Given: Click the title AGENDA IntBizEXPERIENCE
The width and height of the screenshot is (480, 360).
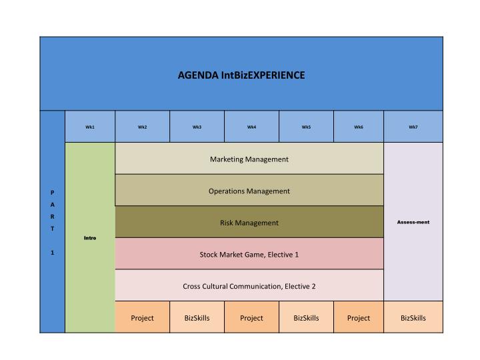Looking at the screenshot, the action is pos(241,75).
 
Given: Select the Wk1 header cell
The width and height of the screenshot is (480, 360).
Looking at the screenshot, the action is pos(90,127).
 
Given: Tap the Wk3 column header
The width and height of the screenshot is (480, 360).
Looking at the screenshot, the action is pos(197,127).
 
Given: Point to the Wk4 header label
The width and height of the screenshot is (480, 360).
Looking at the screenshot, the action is pos(251,127).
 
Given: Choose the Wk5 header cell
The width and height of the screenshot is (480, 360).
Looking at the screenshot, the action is pos(306,127).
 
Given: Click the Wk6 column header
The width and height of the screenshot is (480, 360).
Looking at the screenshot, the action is pos(359,127).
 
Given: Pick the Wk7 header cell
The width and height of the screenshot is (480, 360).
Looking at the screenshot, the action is pos(413,127).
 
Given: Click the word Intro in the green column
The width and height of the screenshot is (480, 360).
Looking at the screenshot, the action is pos(90,238).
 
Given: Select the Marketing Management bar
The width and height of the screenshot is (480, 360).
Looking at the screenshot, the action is pos(249,159).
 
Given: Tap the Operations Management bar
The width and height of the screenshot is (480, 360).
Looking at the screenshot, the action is pos(249,190).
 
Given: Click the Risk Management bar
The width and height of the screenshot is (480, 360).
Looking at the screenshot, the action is pos(249,222).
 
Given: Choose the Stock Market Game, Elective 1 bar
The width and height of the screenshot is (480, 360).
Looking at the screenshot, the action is pos(249,254).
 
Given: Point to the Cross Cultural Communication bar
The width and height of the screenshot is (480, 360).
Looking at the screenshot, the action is pos(249,285).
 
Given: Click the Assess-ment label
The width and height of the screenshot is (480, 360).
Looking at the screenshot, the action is pos(413,222).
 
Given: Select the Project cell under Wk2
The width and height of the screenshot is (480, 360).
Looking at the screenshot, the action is pos(143,317).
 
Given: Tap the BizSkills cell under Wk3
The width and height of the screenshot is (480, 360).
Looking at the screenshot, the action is pos(197,317).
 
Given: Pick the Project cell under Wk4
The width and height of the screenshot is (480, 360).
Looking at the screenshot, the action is pos(251,317).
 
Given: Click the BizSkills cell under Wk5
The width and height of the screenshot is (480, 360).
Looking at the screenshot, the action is pos(306,317).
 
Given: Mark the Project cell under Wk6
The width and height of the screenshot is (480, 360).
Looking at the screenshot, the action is pos(359,317).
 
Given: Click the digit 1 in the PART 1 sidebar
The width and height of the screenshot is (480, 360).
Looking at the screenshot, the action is pos(53,253).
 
